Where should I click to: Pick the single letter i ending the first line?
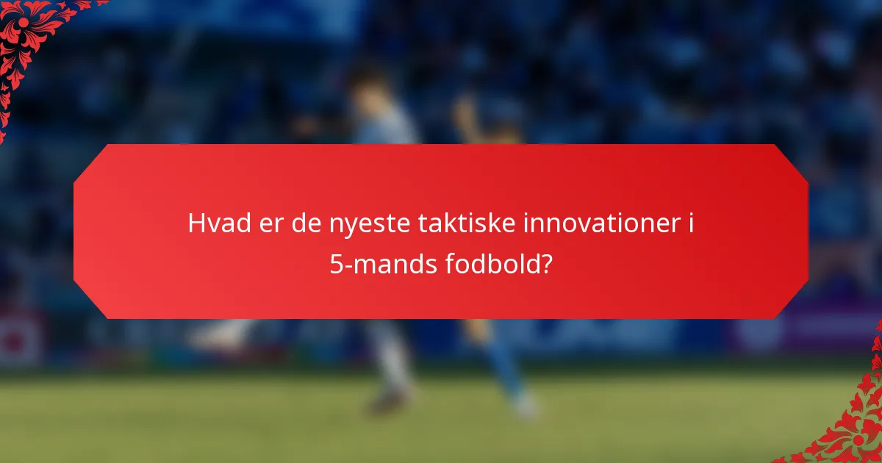point(691,223)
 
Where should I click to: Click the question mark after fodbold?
point(547,264)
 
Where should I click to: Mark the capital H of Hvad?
point(196,223)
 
